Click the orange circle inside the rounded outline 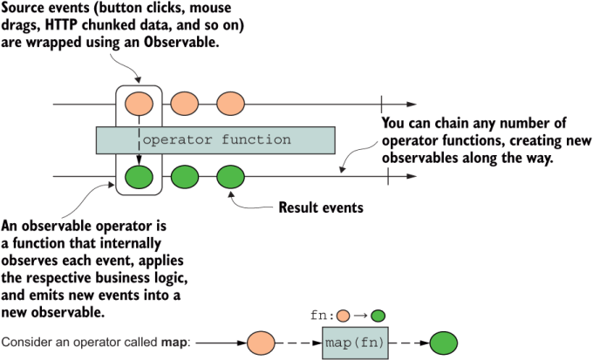pyautogui.click(x=138, y=104)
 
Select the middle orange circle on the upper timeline pyautogui.click(x=184, y=104)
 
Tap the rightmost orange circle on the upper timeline pyautogui.click(x=230, y=104)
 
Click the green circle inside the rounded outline pyautogui.click(x=138, y=178)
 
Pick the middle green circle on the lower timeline pyautogui.click(x=184, y=178)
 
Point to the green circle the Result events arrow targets pyautogui.click(x=230, y=178)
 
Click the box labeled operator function pyautogui.click(x=215, y=140)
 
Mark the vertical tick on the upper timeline pyautogui.click(x=380, y=104)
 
